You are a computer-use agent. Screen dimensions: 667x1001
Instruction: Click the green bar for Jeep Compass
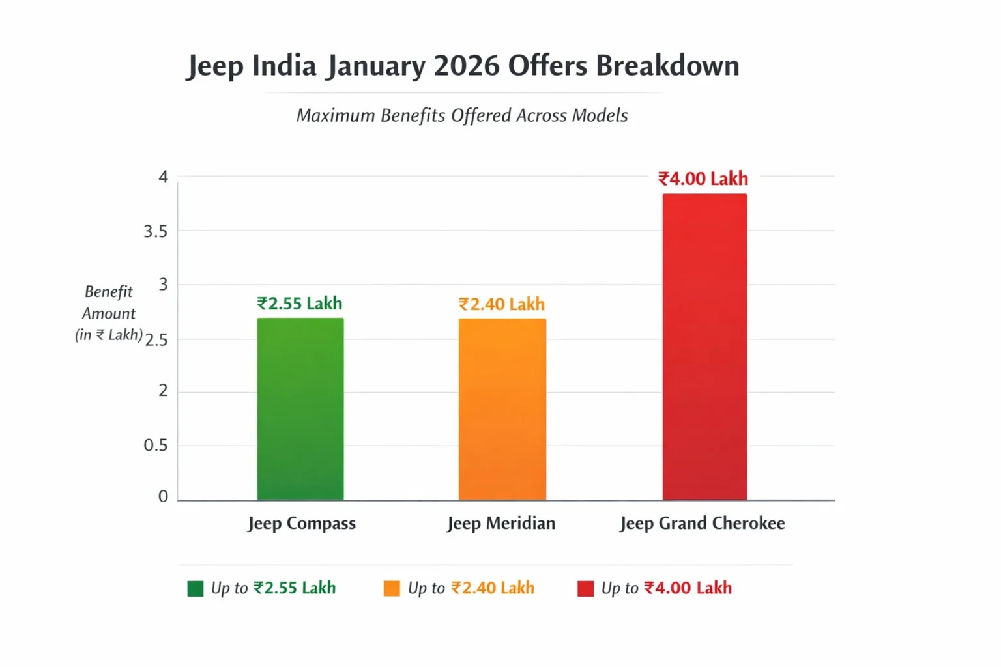(x=300, y=409)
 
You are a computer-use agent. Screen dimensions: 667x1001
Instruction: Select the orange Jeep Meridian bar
(x=502, y=409)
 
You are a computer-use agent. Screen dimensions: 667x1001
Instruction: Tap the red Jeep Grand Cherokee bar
(x=704, y=347)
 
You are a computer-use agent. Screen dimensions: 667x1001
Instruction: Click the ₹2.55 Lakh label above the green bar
(x=299, y=304)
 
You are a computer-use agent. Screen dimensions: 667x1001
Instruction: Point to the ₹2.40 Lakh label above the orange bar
(x=501, y=304)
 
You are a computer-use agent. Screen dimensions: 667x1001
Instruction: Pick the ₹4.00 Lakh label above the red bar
(x=703, y=178)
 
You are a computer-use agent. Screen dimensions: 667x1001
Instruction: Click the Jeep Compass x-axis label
(x=302, y=523)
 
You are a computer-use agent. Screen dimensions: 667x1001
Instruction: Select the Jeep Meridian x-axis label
(x=501, y=523)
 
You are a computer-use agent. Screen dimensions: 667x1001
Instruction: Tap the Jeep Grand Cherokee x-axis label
(x=702, y=523)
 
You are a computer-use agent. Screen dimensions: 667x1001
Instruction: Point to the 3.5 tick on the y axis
(x=156, y=231)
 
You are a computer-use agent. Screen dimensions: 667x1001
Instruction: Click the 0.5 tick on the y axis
(x=156, y=445)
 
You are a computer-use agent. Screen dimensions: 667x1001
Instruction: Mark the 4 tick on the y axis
(x=163, y=177)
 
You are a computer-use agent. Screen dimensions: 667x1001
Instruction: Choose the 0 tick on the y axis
(x=163, y=496)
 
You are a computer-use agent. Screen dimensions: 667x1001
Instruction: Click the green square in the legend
(x=195, y=589)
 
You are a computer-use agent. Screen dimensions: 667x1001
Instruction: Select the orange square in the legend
(x=392, y=589)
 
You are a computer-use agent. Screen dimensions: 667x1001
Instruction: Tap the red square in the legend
(x=585, y=589)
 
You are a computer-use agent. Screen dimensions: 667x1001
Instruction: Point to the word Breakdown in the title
(x=667, y=66)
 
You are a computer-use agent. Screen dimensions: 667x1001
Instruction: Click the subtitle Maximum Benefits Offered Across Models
(x=462, y=115)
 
